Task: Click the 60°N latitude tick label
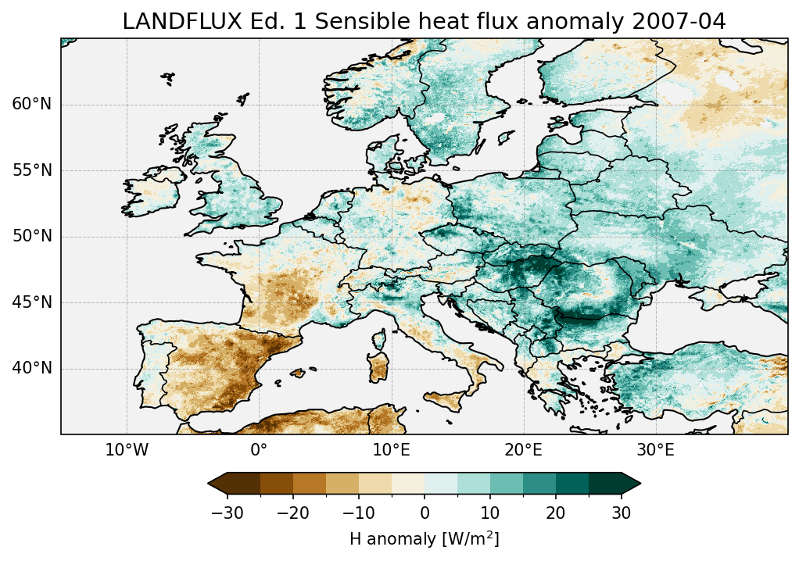tap(32, 105)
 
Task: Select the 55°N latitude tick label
tap(32, 170)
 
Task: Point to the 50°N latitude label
tap(32, 237)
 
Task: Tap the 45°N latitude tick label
tap(32, 302)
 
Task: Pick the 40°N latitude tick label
tap(32, 368)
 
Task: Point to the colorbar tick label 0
tap(425, 513)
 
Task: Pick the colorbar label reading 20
tap(556, 513)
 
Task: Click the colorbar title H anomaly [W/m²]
tap(425, 538)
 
